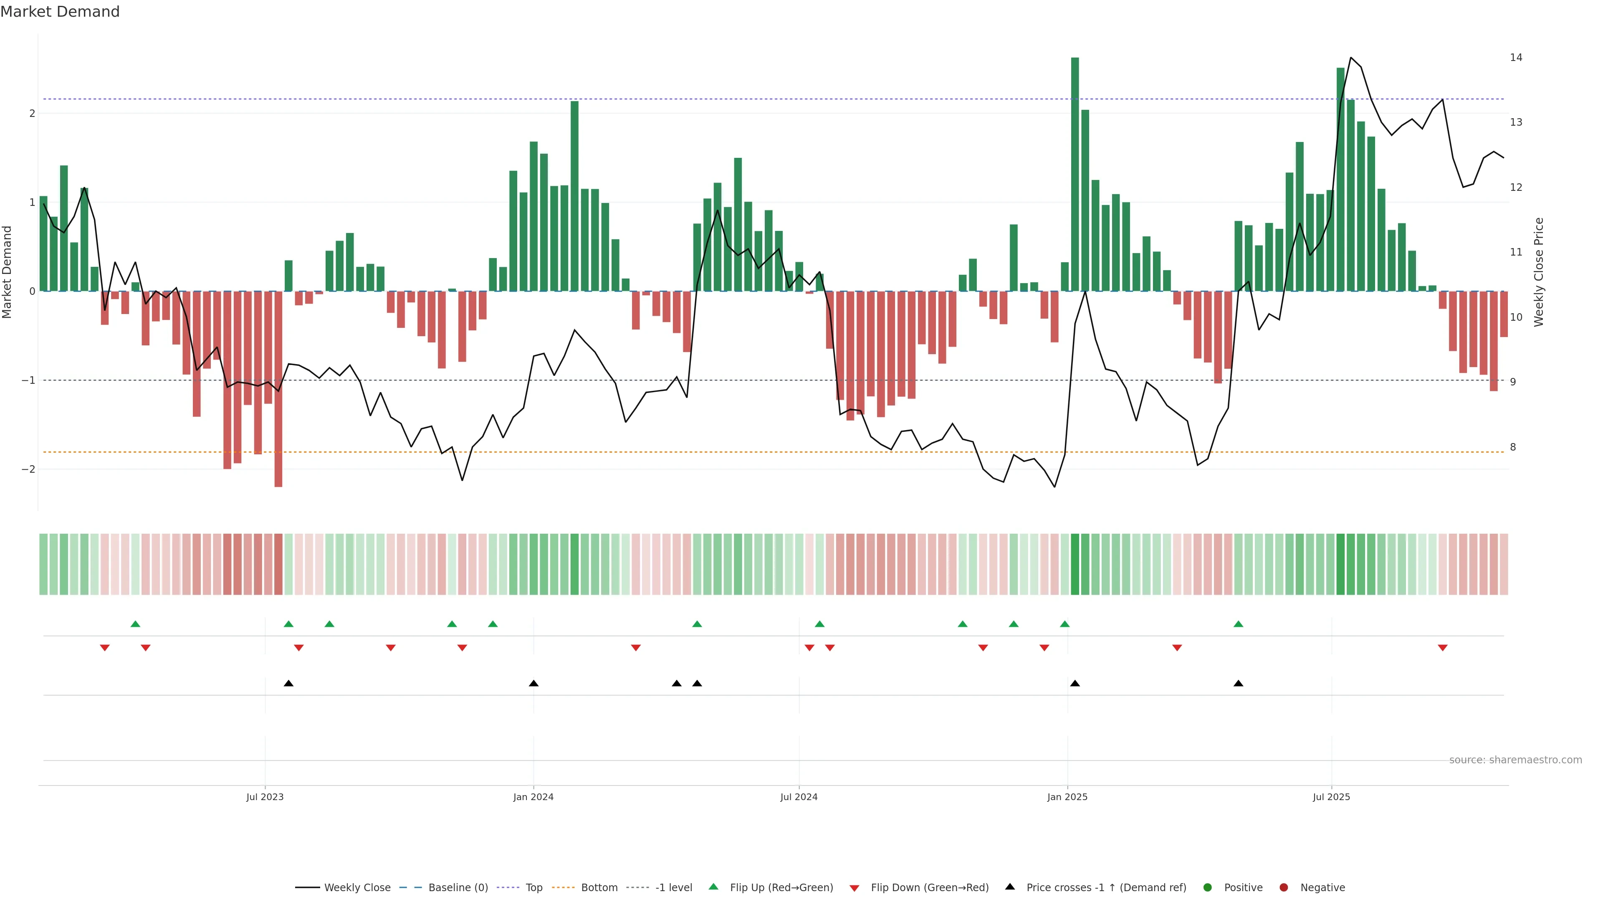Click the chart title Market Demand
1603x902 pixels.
(x=60, y=12)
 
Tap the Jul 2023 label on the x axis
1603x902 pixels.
(x=265, y=797)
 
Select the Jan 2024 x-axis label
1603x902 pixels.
(x=533, y=797)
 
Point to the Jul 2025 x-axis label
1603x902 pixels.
(x=1331, y=797)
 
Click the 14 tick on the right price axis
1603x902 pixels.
(x=1516, y=57)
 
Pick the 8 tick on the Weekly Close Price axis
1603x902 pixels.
(x=1513, y=447)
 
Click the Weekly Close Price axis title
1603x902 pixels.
(x=1538, y=272)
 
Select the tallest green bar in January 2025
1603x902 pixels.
(x=1075, y=174)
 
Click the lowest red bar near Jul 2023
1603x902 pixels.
(x=278, y=389)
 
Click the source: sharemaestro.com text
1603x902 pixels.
(x=1515, y=760)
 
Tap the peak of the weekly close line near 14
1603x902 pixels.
(x=1350, y=58)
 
